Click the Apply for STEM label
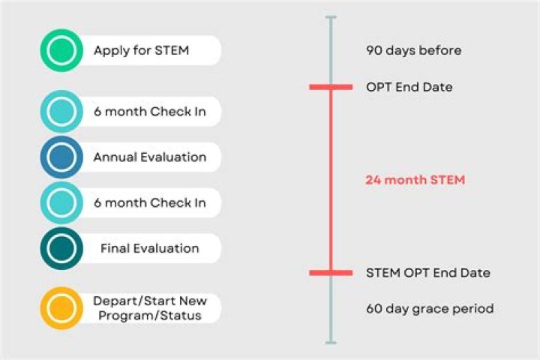141,51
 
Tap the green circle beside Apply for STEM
61,51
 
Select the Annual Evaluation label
149,157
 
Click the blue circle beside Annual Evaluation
61,157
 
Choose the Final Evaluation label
149,248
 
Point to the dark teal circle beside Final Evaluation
61,248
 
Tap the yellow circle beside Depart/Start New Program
61,308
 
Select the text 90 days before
413,51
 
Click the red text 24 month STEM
415,180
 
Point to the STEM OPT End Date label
428,272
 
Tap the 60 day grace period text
430,308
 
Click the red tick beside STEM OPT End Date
331,272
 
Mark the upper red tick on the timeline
331,88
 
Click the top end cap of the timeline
331,16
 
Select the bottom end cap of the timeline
331,343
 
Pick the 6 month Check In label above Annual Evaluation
149,112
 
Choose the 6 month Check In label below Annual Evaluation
149,203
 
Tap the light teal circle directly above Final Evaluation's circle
61,203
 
